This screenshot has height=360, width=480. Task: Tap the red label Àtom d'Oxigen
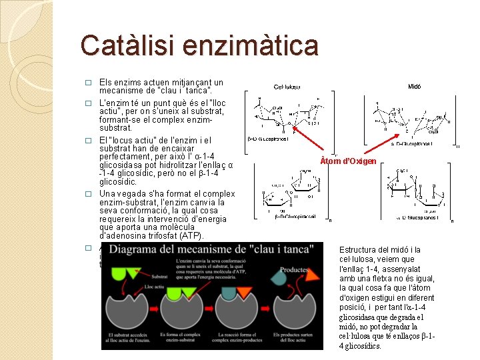click(348, 161)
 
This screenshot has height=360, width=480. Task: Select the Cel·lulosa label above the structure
click(287, 86)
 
